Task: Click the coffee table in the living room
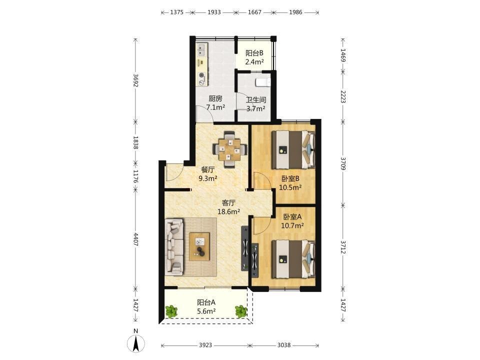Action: click(199, 246)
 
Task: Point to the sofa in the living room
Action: click(174, 246)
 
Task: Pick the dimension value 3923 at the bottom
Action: click(205, 345)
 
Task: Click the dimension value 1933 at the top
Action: click(214, 12)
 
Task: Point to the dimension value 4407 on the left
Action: click(136, 239)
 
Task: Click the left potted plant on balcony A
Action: click(171, 311)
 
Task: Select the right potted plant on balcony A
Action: click(241, 311)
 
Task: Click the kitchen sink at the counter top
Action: click(201, 50)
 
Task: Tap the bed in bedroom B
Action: click(293, 149)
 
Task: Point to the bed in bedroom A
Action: click(293, 258)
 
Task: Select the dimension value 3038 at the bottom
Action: click(284, 345)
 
